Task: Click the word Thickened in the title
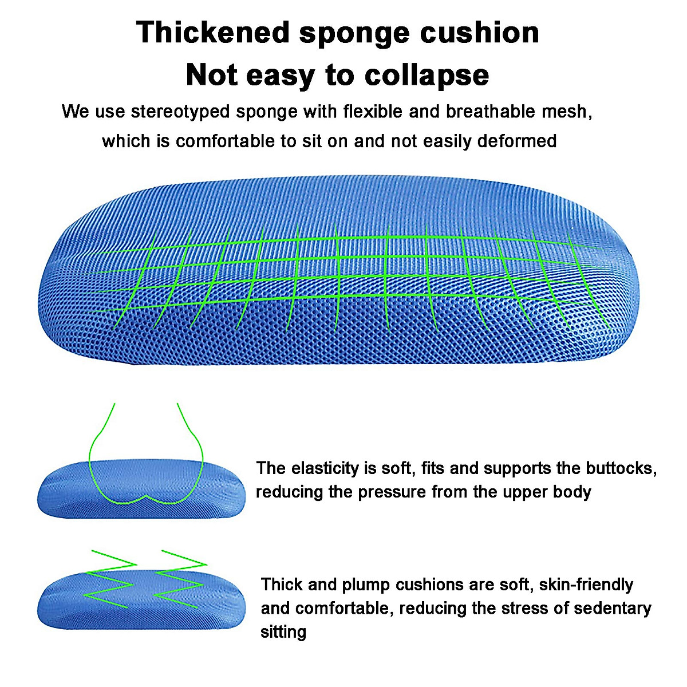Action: tap(213, 33)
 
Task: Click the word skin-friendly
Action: tap(586, 585)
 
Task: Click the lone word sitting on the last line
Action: tap(283, 632)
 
